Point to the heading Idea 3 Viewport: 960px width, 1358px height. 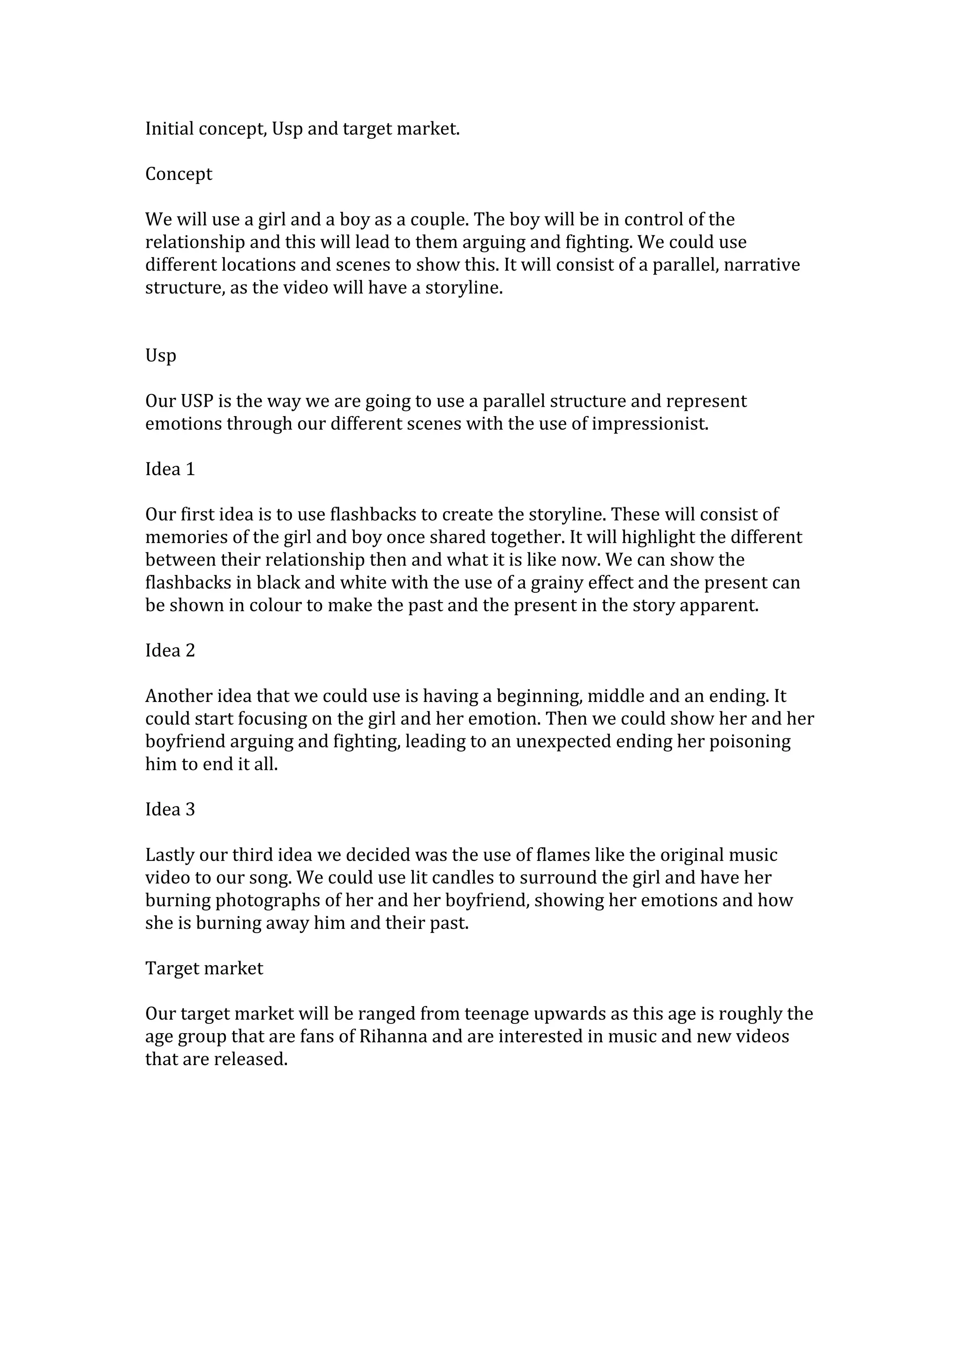[x=170, y=809]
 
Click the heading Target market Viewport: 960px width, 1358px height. [x=204, y=968]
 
